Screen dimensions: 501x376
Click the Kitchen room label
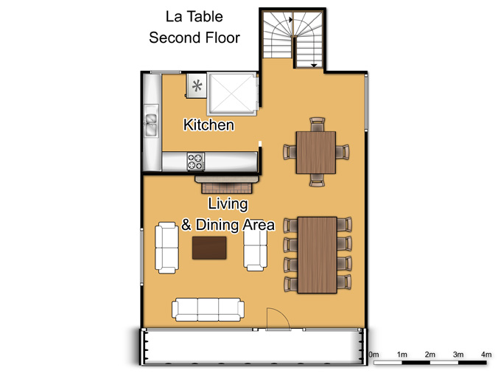pos(209,125)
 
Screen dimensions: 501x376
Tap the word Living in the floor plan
pos(228,204)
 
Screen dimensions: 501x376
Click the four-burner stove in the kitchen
pos(195,161)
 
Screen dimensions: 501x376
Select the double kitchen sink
pos(151,125)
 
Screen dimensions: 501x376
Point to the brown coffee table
pos(209,248)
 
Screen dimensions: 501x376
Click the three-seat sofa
pos(208,310)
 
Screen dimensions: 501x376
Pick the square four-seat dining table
pos(316,153)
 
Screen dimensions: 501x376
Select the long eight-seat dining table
pos(318,255)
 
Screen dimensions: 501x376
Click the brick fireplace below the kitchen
pos(227,184)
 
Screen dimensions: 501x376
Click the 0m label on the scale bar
pos(374,355)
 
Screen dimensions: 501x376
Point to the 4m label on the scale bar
pos(486,355)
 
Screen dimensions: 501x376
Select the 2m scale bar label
pos(430,355)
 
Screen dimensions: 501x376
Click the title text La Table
pos(195,17)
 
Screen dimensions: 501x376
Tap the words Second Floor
pos(195,38)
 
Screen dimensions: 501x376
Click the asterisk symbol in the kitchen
pos(197,86)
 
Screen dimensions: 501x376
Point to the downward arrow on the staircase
pos(314,65)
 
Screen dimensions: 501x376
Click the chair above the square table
pos(318,125)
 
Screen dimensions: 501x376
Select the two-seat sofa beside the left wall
pos(167,248)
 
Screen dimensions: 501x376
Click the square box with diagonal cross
pos(232,94)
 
